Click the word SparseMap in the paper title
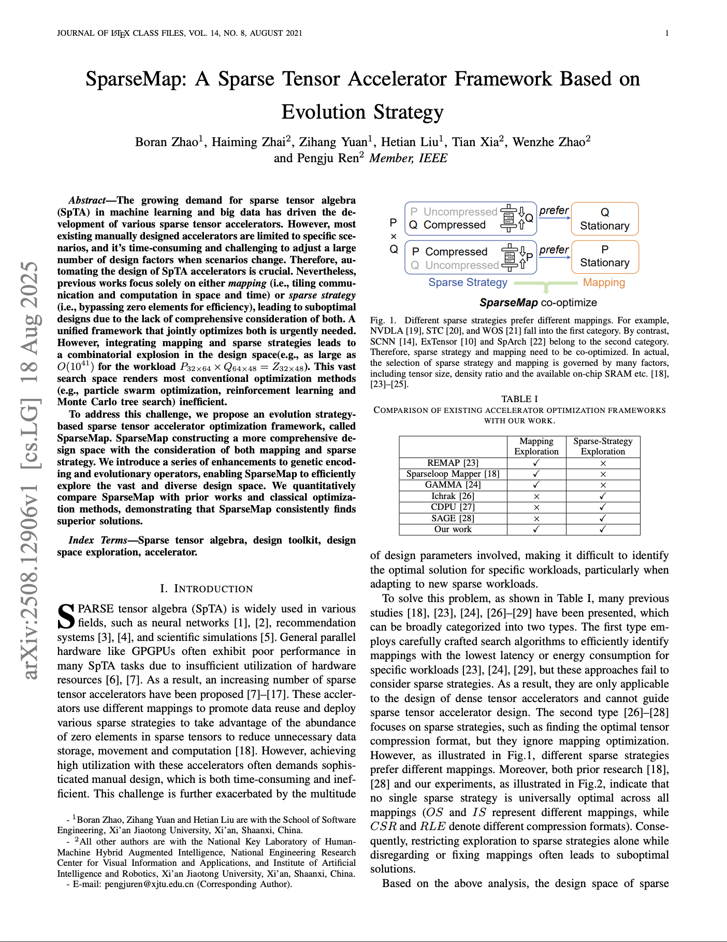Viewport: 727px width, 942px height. [136, 79]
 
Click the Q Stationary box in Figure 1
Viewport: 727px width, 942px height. [604, 219]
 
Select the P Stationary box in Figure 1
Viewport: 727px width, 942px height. [604, 256]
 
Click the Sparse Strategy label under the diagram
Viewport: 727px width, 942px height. [468, 282]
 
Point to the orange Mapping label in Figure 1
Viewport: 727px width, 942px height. [604, 282]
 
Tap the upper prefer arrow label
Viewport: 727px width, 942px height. [554, 210]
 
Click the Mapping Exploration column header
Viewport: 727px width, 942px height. [536, 446]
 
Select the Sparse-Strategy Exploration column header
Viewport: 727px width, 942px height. [603, 446]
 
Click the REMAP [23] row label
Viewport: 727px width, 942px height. [453, 463]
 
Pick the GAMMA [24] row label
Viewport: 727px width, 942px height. [453, 484]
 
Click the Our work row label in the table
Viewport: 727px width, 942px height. [453, 529]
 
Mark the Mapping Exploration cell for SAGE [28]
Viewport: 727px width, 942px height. [536, 518]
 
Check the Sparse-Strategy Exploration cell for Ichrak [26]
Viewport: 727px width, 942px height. [603, 496]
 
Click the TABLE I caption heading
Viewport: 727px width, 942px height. [519, 399]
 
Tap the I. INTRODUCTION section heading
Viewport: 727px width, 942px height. [206, 589]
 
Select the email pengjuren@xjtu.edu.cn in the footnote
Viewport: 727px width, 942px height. [149, 884]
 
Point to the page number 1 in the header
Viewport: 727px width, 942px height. [667, 33]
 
